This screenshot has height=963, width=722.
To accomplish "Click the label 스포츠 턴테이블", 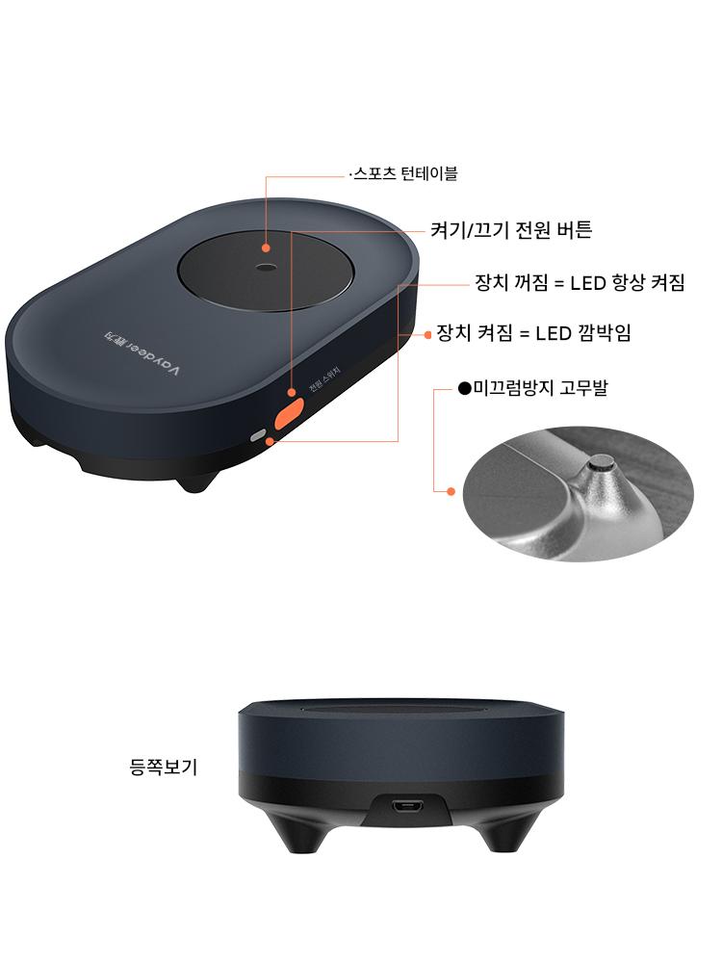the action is tap(406, 173).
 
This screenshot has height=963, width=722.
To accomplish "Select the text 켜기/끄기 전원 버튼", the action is tap(511, 230).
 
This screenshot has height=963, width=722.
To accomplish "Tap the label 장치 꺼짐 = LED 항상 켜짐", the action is tap(580, 282).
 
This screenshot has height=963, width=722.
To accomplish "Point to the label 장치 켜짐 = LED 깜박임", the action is tap(533, 333).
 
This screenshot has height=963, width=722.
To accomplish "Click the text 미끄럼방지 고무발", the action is tap(540, 388).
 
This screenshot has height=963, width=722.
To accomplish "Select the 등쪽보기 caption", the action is tap(164, 767).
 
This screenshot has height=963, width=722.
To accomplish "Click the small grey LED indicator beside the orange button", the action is tap(258, 435).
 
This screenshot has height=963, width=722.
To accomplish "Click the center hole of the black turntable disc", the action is tap(267, 267).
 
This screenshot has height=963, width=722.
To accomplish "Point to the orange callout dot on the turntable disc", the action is tap(266, 248).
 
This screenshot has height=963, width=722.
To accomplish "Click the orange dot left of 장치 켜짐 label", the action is tap(428, 335).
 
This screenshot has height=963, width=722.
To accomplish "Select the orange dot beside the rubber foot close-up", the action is tap(451, 491).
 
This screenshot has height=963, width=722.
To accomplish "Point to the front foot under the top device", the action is tap(194, 481).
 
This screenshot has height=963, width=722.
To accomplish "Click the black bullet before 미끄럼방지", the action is tap(465, 388).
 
